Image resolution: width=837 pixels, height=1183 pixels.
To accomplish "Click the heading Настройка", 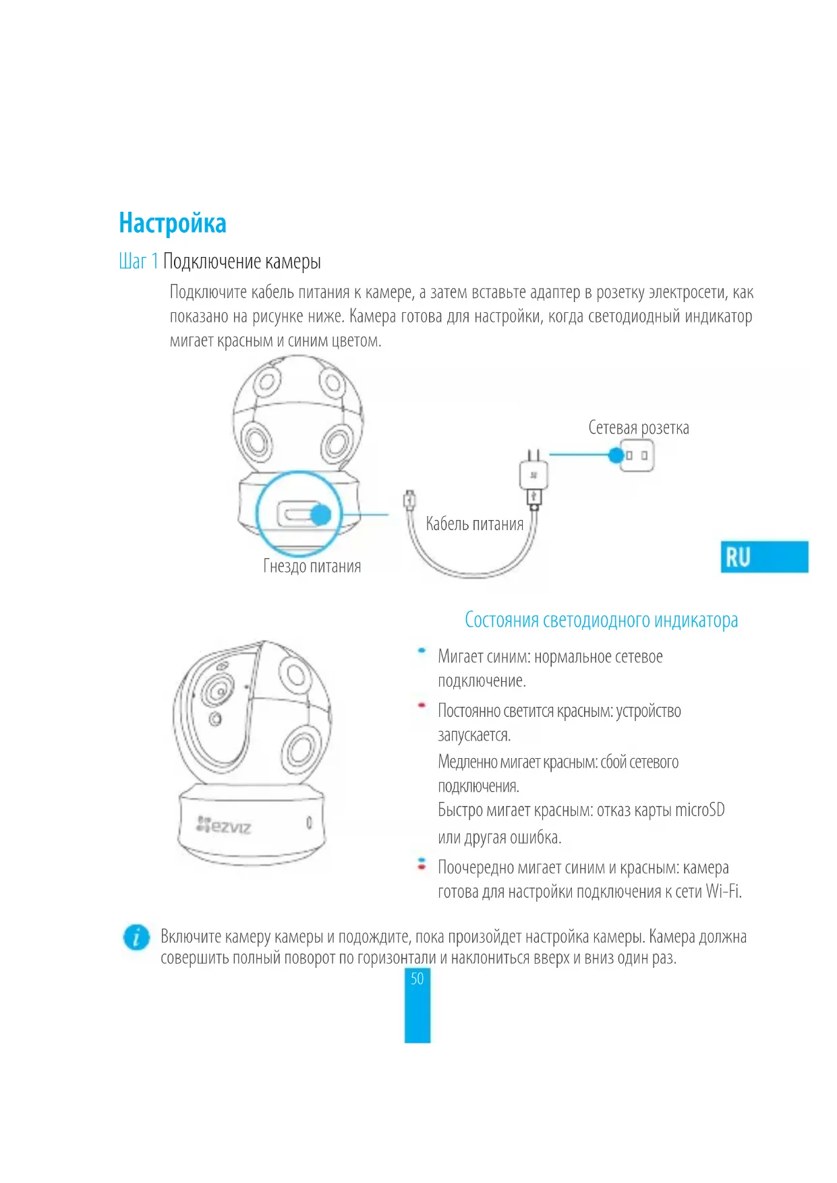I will (173, 223).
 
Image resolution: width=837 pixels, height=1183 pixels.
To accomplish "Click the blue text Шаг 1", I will (138, 262).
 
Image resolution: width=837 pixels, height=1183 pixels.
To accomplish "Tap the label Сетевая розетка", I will (638, 428).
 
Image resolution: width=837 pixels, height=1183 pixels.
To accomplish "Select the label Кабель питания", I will (474, 524).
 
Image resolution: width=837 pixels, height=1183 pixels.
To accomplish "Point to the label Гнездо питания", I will (312, 567).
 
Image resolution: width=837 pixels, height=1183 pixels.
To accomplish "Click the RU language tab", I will (763, 557).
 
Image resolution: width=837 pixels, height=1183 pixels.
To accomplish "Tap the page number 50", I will (417, 979).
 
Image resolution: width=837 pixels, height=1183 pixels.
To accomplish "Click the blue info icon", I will (136, 937).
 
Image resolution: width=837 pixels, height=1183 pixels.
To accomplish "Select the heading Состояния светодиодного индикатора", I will (601, 620).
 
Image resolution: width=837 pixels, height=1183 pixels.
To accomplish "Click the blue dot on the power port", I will (321, 515).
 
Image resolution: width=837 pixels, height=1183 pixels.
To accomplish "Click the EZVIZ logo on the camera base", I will (224, 826).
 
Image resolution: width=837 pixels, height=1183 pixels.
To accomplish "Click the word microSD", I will (700, 810).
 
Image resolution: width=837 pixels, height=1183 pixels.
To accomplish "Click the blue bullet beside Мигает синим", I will (422, 651).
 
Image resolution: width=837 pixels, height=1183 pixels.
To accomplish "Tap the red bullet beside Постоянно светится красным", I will (422, 705).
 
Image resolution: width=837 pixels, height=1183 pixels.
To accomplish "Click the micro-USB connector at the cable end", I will (409, 500).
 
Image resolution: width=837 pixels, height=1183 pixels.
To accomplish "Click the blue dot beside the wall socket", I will (616, 455).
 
